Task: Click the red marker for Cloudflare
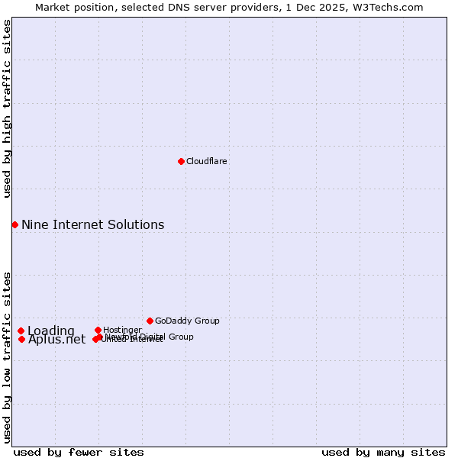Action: pos(181,161)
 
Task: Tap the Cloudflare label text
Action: pos(207,161)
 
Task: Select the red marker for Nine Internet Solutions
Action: pos(15,224)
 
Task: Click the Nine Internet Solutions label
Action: pos(92,224)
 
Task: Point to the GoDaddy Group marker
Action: pos(150,321)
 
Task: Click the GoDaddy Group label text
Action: pos(187,321)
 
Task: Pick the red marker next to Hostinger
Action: pos(98,330)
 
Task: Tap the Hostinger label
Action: pos(122,330)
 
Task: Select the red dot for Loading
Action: pos(21,331)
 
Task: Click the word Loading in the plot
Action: pos(51,331)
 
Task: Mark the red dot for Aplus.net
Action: pos(21,339)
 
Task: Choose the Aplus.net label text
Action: pos(56,340)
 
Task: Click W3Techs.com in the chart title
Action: pos(389,7)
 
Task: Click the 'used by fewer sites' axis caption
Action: pos(79,452)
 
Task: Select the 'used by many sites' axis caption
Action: pos(383,452)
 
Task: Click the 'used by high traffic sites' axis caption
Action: pos(7,108)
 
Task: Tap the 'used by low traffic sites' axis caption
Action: pos(7,357)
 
